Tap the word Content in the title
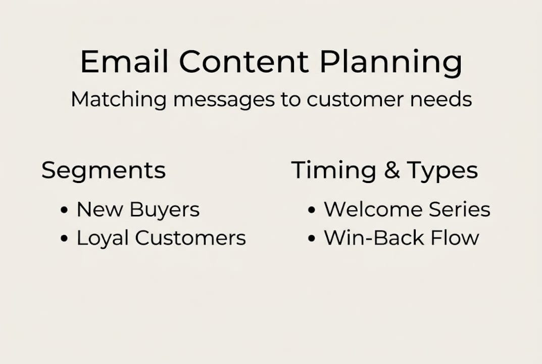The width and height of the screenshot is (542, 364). [x=243, y=63]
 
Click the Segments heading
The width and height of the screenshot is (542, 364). [x=104, y=171]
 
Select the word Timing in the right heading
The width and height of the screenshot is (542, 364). [x=333, y=171]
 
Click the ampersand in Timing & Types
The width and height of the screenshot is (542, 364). [x=391, y=171]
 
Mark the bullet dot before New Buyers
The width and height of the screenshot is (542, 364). [x=64, y=210]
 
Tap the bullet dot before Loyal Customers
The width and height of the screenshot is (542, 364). [x=64, y=239]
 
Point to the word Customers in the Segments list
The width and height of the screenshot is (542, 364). [x=190, y=238]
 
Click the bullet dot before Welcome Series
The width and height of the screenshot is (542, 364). [x=312, y=210]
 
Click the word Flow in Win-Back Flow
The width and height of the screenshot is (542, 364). [x=455, y=238]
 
